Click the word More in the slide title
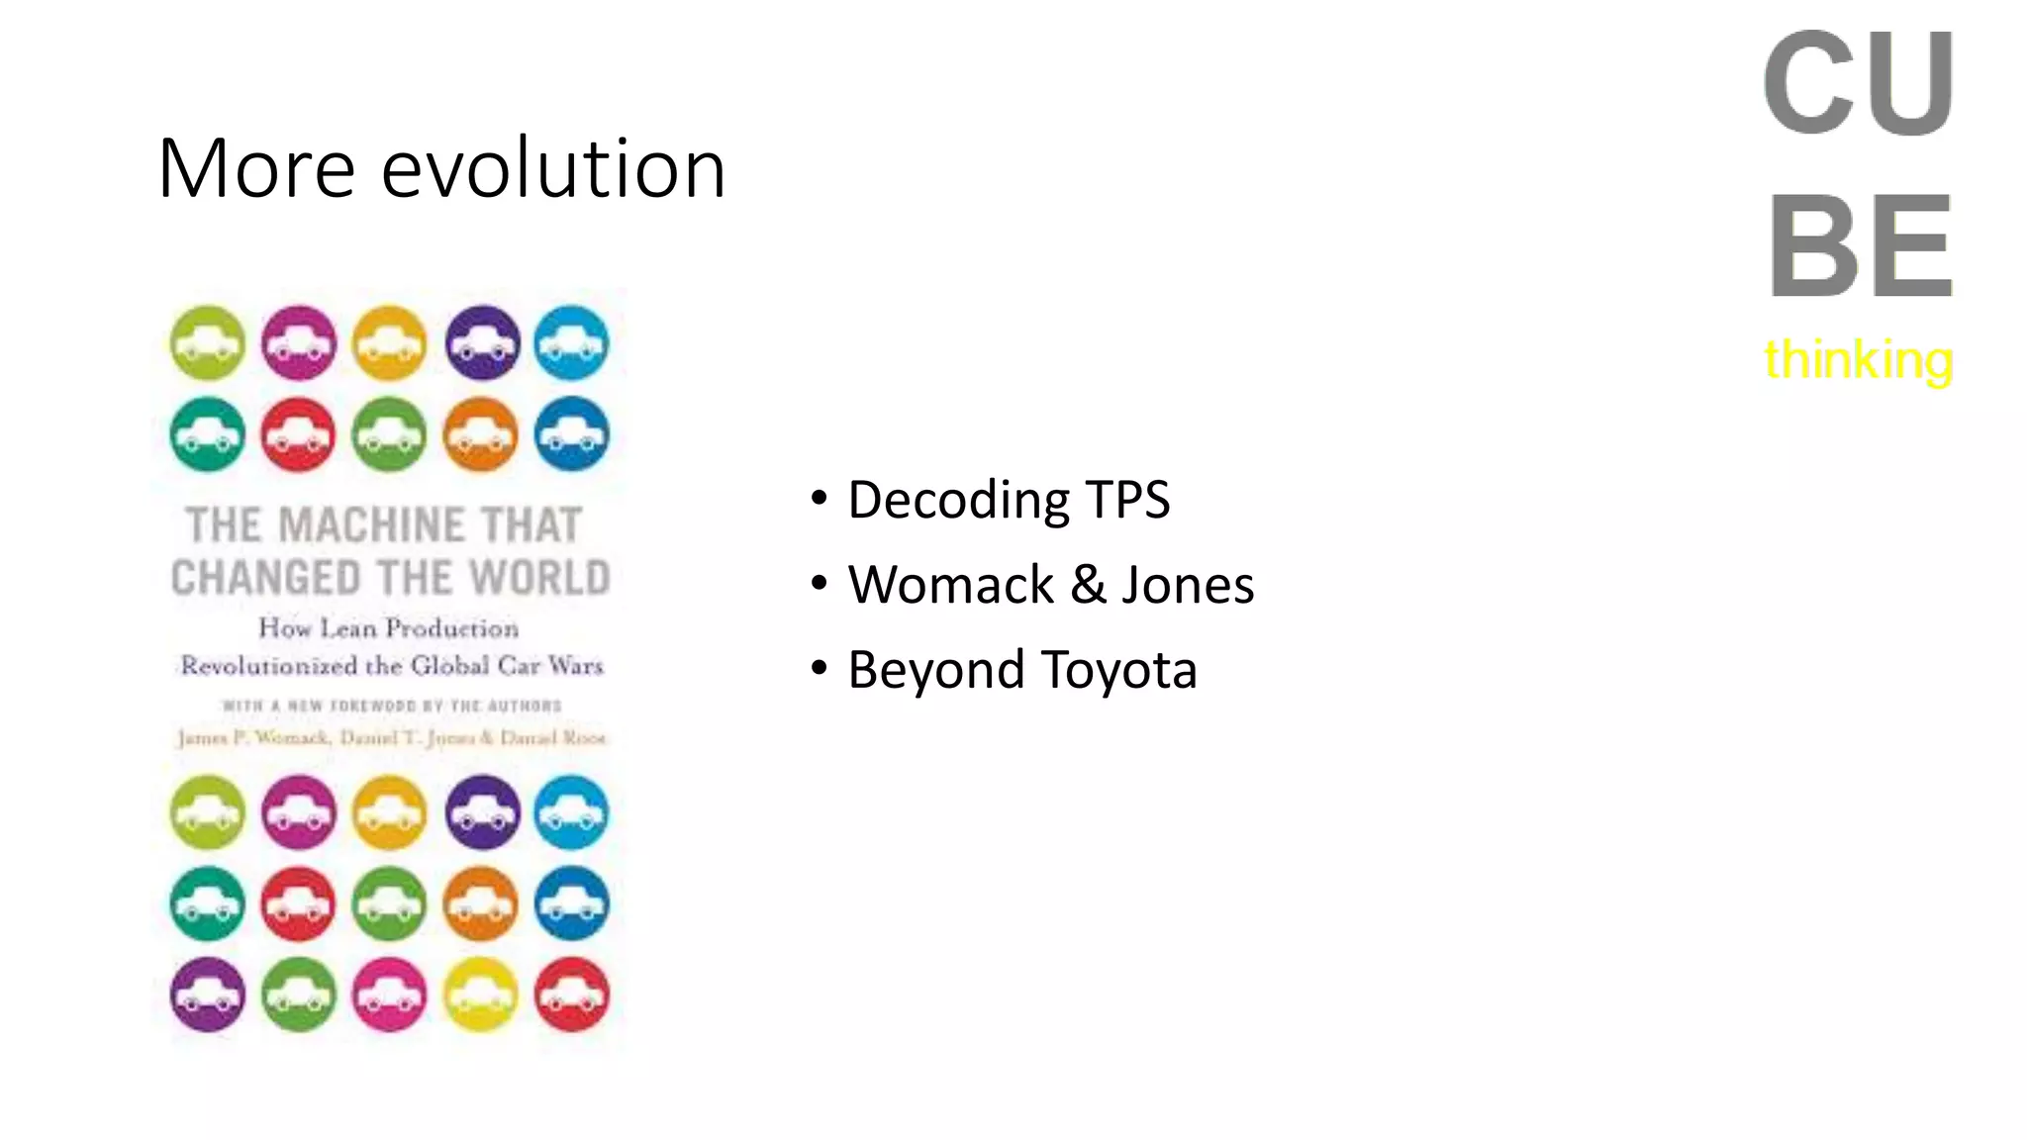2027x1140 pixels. pyautogui.click(x=256, y=168)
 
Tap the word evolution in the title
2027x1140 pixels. pyautogui.click(x=553, y=168)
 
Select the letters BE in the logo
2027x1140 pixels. pyautogui.click(x=1860, y=246)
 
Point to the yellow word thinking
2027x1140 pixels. pyautogui.click(x=1858, y=358)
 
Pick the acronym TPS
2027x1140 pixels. pyautogui.click(x=1127, y=500)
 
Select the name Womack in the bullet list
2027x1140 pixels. pyautogui.click(x=950, y=585)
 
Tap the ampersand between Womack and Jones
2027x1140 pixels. pyautogui.click(x=1088, y=585)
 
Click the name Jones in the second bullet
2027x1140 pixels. pyautogui.click(x=1188, y=585)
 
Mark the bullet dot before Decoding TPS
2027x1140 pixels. pyautogui.click(x=819, y=497)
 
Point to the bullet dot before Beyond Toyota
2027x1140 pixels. pyautogui.click(x=819, y=668)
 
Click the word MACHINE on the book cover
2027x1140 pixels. pyautogui.click(x=371, y=525)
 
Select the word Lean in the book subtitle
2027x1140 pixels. pyautogui.click(x=347, y=627)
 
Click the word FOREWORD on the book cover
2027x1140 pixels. pyautogui.click(x=372, y=706)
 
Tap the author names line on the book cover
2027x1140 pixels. pyautogui.click(x=391, y=738)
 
